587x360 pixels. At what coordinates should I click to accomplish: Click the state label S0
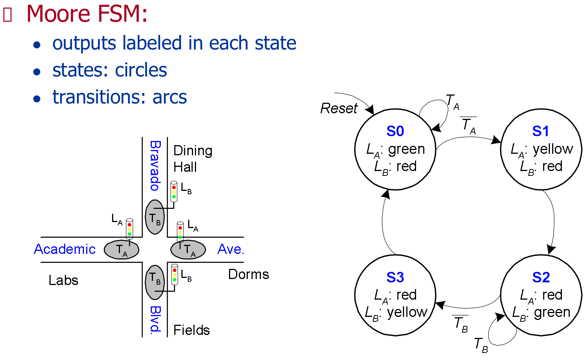tap(395, 131)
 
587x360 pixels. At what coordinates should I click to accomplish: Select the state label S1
tap(541, 131)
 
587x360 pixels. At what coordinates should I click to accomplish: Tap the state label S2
tap(541, 277)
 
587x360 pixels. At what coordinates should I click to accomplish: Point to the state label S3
tap(395, 277)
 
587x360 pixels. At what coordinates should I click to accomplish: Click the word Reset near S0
tap(339, 108)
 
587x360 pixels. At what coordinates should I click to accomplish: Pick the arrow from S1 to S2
tap(553, 221)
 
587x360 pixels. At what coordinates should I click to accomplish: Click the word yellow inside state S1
tap(553, 149)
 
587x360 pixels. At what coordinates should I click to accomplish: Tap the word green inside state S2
tap(552, 312)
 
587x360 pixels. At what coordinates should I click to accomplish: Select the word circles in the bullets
tap(141, 70)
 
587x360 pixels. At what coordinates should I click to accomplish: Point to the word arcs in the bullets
tap(169, 97)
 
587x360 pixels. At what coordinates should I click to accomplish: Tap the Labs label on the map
tap(63, 280)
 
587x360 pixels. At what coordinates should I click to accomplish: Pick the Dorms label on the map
tap(249, 274)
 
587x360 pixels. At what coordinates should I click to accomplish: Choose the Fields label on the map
tap(192, 330)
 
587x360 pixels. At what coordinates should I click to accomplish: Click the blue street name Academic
tap(64, 249)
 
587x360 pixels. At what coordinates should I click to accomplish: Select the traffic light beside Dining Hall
tap(174, 192)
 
